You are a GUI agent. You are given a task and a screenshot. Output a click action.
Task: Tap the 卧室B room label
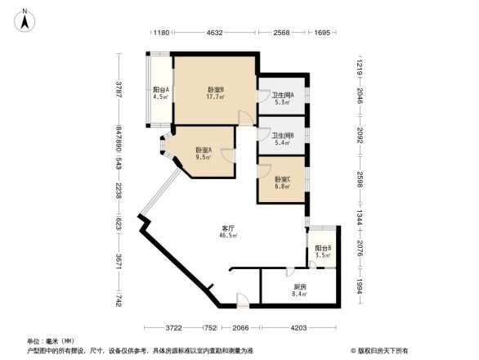click(216, 90)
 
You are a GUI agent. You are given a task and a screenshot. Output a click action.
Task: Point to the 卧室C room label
click(282, 179)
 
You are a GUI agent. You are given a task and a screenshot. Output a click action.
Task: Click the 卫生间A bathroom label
click(283, 96)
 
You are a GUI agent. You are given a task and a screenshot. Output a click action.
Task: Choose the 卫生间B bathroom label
click(283, 136)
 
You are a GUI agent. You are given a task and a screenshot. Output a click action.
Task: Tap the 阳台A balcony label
click(161, 90)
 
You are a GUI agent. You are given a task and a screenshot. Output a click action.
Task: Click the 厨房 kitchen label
click(300, 287)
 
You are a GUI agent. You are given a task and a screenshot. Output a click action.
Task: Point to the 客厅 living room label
click(229, 228)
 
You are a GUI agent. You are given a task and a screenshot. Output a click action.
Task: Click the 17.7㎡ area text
click(216, 97)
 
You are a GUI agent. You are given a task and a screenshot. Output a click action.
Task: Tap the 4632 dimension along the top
click(215, 33)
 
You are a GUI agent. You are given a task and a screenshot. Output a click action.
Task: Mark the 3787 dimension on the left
click(119, 90)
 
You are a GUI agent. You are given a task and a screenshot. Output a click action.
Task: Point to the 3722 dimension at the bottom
click(173, 328)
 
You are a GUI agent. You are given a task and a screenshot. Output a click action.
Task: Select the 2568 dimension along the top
click(282, 33)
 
